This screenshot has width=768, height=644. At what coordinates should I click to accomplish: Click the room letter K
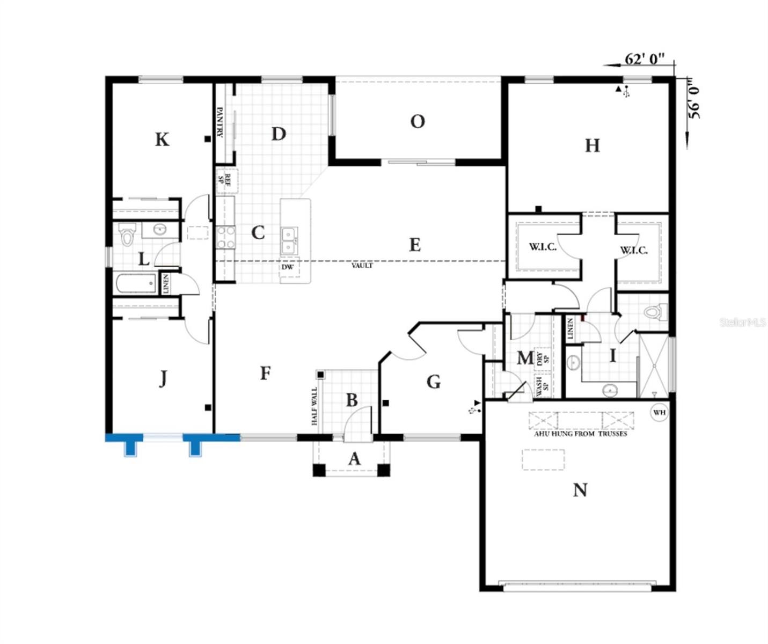(162, 140)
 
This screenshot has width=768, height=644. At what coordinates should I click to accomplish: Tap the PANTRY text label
(220, 122)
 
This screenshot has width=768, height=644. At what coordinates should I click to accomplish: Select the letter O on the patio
(418, 122)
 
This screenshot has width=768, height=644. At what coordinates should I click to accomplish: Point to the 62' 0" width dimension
(645, 58)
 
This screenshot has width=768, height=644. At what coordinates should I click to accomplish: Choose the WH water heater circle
(659, 412)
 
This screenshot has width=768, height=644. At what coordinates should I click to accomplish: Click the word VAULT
(362, 265)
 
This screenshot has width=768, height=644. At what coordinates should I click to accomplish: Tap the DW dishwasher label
(288, 267)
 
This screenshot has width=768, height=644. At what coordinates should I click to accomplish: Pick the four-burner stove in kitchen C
(225, 237)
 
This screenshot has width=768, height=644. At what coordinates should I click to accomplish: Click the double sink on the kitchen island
(289, 240)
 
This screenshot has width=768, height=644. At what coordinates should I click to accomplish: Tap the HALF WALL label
(314, 406)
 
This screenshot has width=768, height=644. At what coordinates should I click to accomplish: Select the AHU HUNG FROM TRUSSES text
(580, 434)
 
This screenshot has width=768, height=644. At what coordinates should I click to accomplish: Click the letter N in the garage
(580, 490)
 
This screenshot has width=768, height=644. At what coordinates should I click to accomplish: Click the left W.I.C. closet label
(543, 247)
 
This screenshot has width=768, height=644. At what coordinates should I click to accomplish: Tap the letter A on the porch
(354, 459)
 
